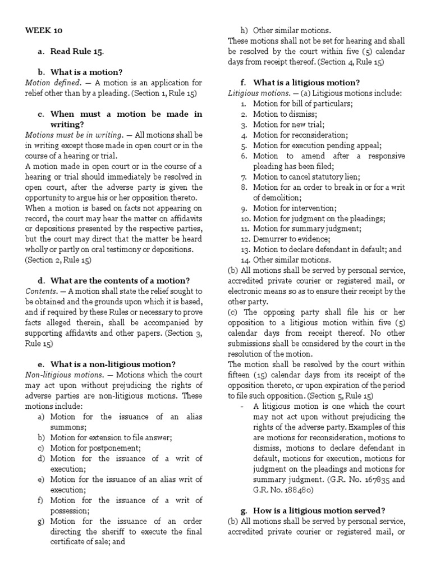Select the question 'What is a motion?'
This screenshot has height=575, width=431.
[x=86, y=72]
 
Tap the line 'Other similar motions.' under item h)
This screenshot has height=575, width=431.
[x=292, y=30]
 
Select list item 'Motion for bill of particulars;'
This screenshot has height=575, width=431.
[x=302, y=103]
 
